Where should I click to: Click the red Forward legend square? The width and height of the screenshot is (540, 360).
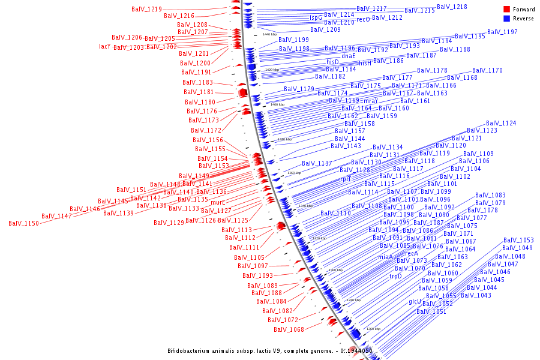[x=506, y=9]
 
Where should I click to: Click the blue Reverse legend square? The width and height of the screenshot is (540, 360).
[x=506, y=19]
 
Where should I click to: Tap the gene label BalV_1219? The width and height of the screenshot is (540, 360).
[x=146, y=10]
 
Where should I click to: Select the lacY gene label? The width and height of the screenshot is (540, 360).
[x=104, y=47]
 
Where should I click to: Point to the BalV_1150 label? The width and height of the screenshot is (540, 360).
[x=23, y=223]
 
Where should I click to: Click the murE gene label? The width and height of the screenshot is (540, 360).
[x=218, y=202]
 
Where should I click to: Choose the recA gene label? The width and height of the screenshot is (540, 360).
[x=412, y=253]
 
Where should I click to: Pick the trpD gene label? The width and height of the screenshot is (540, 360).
[x=395, y=276]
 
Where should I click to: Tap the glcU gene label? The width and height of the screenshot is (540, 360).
[x=415, y=301]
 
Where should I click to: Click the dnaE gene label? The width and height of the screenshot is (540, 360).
[x=349, y=56]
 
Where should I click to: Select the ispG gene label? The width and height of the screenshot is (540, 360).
[x=316, y=18]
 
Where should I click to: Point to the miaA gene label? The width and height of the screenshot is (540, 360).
[x=385, y=257]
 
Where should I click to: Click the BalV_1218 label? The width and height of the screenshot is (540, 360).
[x=452, y=7]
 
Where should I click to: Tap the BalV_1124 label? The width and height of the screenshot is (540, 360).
[x=501, y=123]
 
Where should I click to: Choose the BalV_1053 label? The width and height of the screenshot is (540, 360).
[x=518, y=240]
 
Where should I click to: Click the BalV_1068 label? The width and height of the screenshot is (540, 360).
[x=289, y=329]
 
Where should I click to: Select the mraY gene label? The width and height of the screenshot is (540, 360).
[x=371, y=101]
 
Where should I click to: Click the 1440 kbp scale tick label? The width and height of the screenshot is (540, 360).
[x=270, y=34]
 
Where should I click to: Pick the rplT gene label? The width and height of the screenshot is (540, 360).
[x=346, y=179]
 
